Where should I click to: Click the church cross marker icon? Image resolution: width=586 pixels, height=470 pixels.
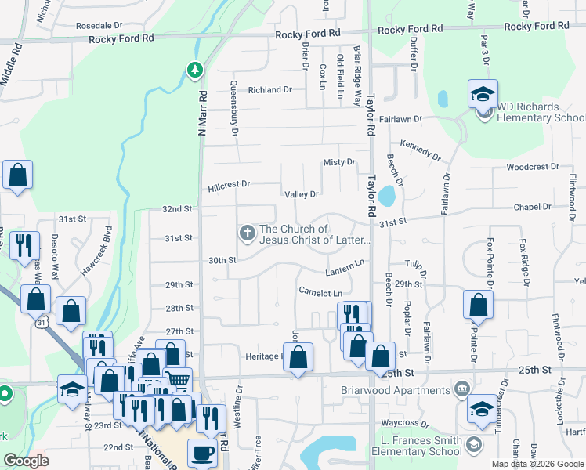point(247,233)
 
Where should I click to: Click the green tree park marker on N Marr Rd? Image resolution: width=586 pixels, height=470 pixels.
point(194,71)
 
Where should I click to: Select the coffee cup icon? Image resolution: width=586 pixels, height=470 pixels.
point(203,454)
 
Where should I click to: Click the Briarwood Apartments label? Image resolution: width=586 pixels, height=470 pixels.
point(396,389)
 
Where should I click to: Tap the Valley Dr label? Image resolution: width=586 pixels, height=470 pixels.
point(302,194)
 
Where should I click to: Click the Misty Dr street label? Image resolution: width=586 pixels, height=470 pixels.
point(339,162)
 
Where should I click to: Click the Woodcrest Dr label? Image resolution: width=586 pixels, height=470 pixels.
point(533,167)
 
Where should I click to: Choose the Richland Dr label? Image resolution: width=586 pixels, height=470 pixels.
point(269,90)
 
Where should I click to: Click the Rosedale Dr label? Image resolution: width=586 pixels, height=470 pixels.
point(99,25)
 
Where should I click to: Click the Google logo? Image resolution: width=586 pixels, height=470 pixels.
point(26,461)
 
